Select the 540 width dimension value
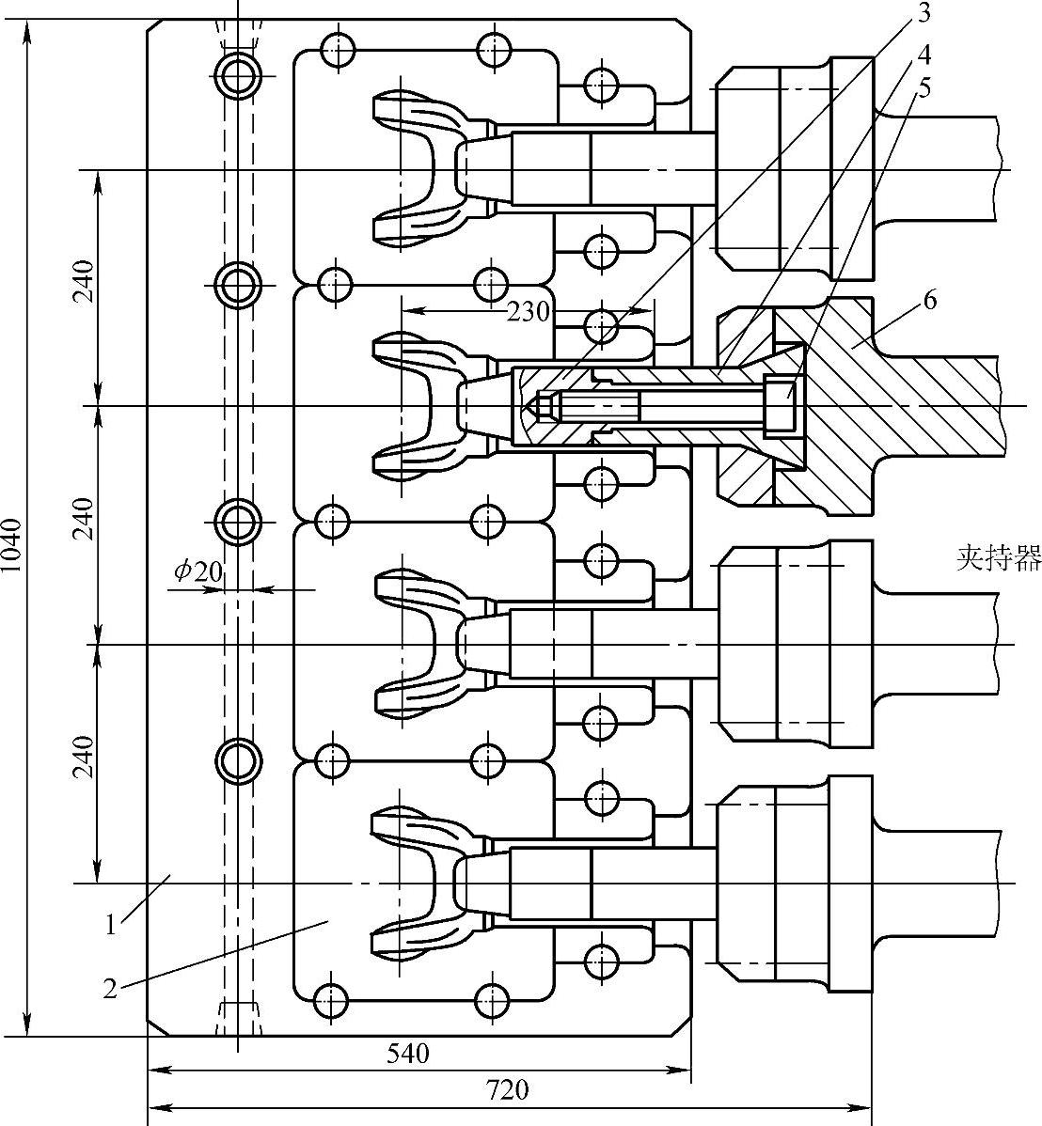coord(408,1054)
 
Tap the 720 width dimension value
coord(507,1090)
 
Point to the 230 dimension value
coord(529,311)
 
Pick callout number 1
coord(111,925)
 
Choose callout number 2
coord(111,989)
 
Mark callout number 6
coord(929,302)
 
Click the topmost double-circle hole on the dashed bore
coord(238,75)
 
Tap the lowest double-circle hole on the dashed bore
coord(238,758)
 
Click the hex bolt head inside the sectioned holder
coord(780,405)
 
